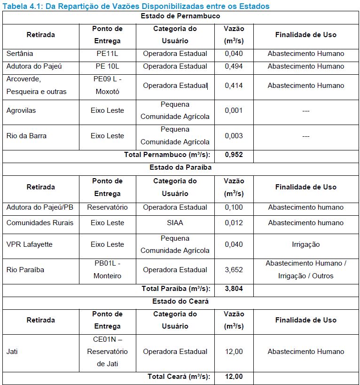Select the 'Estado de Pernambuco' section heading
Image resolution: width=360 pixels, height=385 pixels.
(180, 16)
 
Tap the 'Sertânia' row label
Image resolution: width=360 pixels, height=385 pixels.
(20, 54)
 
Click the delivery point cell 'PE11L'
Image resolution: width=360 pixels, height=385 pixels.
(108, 54)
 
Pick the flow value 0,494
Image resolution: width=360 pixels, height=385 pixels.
(234, 66)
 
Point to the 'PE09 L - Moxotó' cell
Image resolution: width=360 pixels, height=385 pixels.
(108, 85)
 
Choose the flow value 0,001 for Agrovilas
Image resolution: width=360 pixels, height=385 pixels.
(234, 110)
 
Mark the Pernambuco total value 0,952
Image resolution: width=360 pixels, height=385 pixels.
(234, 155)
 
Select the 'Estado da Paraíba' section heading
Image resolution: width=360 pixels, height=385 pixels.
(180, 167)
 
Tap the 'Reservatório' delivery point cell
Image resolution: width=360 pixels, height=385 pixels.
(108, 207)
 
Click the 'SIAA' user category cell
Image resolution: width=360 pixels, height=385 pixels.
(175, 223)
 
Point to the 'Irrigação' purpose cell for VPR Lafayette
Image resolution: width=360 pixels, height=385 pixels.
(305, 244)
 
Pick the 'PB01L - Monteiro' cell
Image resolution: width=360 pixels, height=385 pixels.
(108, 269)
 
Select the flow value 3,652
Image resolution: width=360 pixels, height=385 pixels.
(234, 270)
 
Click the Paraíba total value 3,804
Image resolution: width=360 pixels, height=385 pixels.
(234, 289)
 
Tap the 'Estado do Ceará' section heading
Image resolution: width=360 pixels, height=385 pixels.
(180, 301)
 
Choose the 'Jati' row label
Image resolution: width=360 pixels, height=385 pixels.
(12, 351)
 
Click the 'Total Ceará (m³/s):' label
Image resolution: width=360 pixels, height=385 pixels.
(179, 377)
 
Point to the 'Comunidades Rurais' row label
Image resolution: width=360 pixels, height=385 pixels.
(40, 223)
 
